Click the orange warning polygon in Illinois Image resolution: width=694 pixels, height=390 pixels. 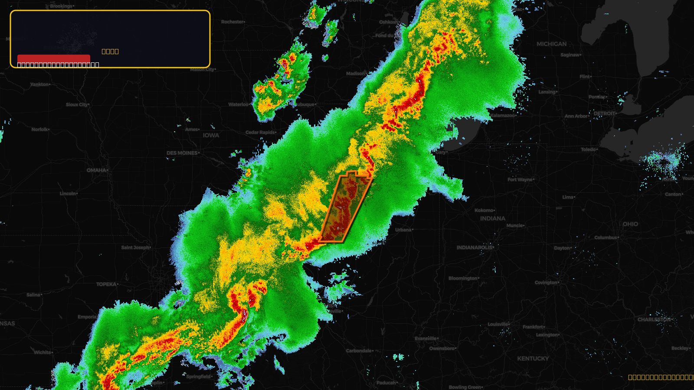click(x=345, y=208)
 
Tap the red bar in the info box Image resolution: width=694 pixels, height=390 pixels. click(x=54, y=58)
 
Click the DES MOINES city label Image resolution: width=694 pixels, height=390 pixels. click(x=182, y=153)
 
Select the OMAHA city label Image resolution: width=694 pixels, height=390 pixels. click(x=96, y=170)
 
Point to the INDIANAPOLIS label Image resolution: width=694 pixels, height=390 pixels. click(x=475, y=247)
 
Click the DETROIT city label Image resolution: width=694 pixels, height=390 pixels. click(x=604, y=114)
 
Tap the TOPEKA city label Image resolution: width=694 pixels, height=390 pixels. click(x=106, y=284)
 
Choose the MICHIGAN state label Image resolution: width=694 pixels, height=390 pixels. click(x=551, y=44)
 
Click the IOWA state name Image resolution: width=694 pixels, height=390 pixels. click(x=211, y=135)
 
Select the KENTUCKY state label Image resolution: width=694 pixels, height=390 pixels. click(x=533, y=358)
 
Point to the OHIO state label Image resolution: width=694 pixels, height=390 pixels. click(x=630, y=224)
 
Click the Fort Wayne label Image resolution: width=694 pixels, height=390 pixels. click(x=520, y=179)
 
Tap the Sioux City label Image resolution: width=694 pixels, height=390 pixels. click(x=77, y=104)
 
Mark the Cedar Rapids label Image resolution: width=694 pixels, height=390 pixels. click(x=260, y=132)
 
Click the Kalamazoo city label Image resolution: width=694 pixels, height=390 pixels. click(x=503, y=116)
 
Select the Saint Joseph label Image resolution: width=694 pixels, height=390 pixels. click(x=135, y=247)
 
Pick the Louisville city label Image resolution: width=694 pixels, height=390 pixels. click(x=497, y=324)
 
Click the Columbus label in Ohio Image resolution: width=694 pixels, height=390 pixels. click(x=605, y=237)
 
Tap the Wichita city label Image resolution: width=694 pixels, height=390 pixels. click(x=43, y=352)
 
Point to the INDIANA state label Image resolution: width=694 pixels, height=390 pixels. click(x=492, y=218)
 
